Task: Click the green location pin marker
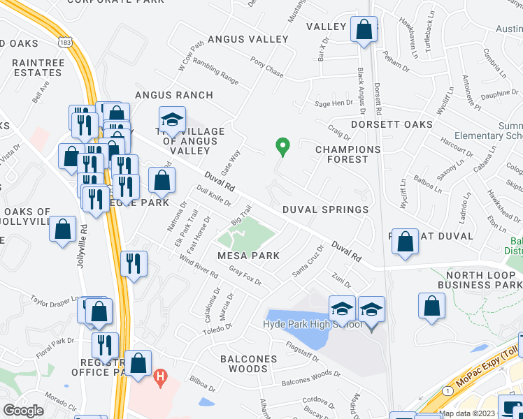[x=282, y=147]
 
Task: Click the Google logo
[x=23, y=410]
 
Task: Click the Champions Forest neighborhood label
[x=348, y=154]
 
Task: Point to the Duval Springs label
[x=325, y=209]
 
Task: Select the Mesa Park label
[x=248, y=256]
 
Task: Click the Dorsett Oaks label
[x=391, y=124]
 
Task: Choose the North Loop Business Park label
[x=480, y=279]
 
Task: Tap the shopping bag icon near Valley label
[x=364, y=29]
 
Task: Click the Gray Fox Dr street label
[x=245, y=277]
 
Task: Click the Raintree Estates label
[x=36, y=68]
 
